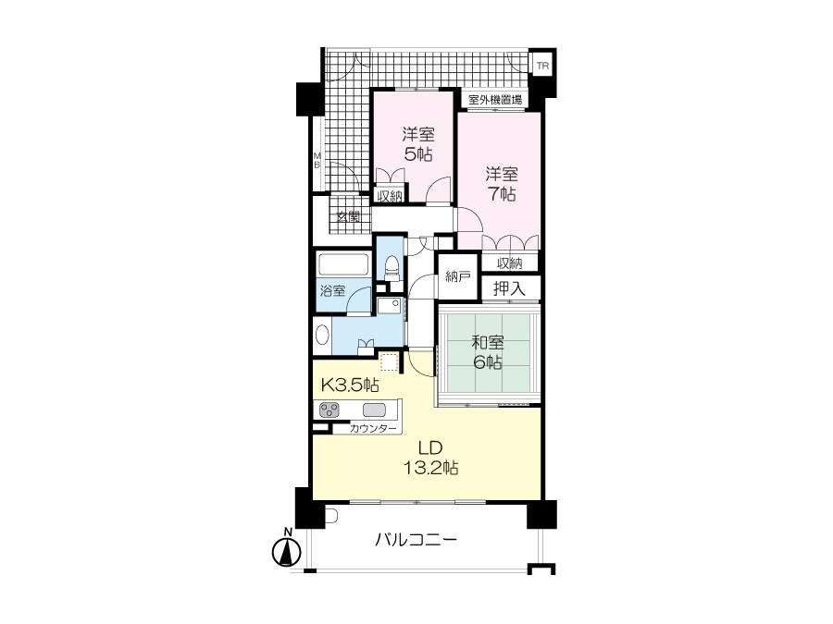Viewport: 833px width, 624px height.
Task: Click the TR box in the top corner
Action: [x=542, y=67]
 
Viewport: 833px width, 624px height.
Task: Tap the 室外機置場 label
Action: [x=495, y=99]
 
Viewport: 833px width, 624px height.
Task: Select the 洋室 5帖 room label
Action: [x=418, y=144]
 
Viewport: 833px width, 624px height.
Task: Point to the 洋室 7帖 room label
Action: [x=502, y=184]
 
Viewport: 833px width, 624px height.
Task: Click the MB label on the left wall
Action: [x=317, y=160]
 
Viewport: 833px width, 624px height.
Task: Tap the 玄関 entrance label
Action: [x=349, y=217]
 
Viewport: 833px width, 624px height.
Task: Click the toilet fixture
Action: [x=392, y=268]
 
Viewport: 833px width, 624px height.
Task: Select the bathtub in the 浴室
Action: [x=343, y=264]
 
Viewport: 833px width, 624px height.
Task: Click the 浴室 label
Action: [x=332, y=291]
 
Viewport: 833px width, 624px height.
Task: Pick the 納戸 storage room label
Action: [x=458, y=276]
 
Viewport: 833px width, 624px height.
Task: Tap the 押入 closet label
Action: [x=509, y=288]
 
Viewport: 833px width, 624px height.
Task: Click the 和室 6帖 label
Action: [x=488, y=352]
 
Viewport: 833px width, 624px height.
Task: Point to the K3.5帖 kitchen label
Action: [x=350, y=385]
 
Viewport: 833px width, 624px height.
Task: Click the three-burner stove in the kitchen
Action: [x=329, y=410]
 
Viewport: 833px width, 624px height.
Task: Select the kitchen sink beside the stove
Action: [x=374, y=410]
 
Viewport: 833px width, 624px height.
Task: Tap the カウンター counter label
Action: [x=373, y=429]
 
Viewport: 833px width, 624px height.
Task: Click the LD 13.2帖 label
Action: [x=430, y=458]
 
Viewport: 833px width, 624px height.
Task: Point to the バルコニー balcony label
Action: [x=416, y=540]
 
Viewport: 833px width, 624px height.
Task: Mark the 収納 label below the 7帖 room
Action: [x=509, y=263]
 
